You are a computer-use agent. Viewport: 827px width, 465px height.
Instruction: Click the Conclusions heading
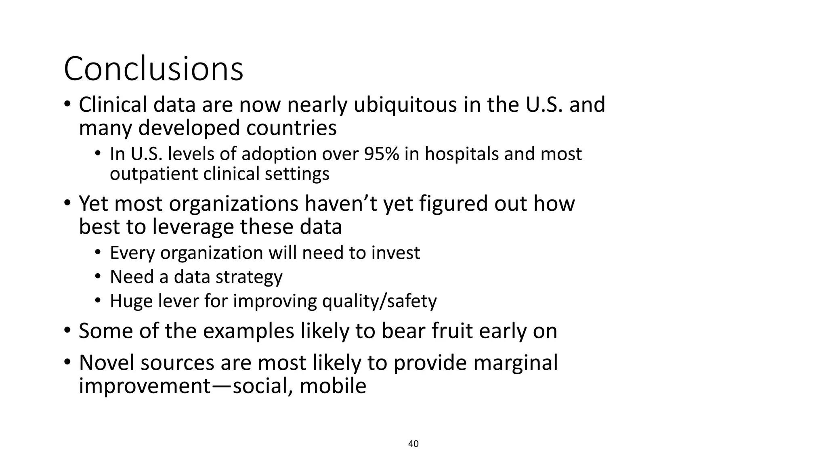[153, 69]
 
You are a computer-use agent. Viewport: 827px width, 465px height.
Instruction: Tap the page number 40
[413, 444]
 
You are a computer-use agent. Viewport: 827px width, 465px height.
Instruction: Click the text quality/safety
[379, 302]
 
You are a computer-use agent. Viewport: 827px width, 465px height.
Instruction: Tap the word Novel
[106, 362]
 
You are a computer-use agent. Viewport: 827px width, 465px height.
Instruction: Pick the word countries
[291, 128]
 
